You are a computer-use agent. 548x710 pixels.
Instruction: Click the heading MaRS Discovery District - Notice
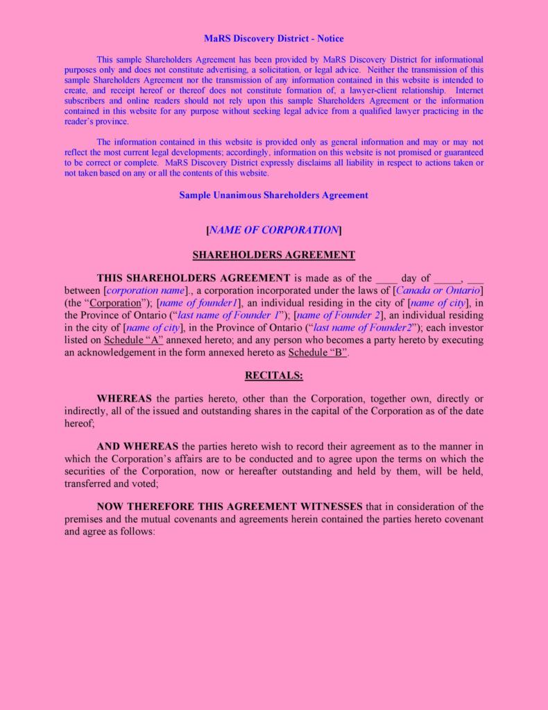(x=273, y=39)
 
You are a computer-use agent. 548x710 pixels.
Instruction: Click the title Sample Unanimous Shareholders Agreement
(x=273, y=195)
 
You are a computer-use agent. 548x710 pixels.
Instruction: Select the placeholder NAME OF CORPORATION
(x=273, y=230)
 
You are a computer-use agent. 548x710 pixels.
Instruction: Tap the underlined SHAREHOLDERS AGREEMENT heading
(x=273, y=255)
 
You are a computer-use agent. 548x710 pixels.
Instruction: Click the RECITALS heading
(x=273, y=376)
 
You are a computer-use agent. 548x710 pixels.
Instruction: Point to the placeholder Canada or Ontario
(x=438, y=290)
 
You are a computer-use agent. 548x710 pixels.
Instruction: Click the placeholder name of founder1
(x=199, y=303)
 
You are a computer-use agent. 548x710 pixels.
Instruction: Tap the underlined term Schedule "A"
(x=133, y=340)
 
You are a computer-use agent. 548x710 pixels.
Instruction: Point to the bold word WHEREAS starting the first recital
(x=124, y=399)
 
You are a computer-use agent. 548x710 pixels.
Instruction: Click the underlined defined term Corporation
(x=116, y=303)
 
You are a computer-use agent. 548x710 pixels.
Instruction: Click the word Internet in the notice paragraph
(x=470, y=91)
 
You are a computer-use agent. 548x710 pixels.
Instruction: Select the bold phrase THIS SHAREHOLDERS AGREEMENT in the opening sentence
(x=194, y=278)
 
